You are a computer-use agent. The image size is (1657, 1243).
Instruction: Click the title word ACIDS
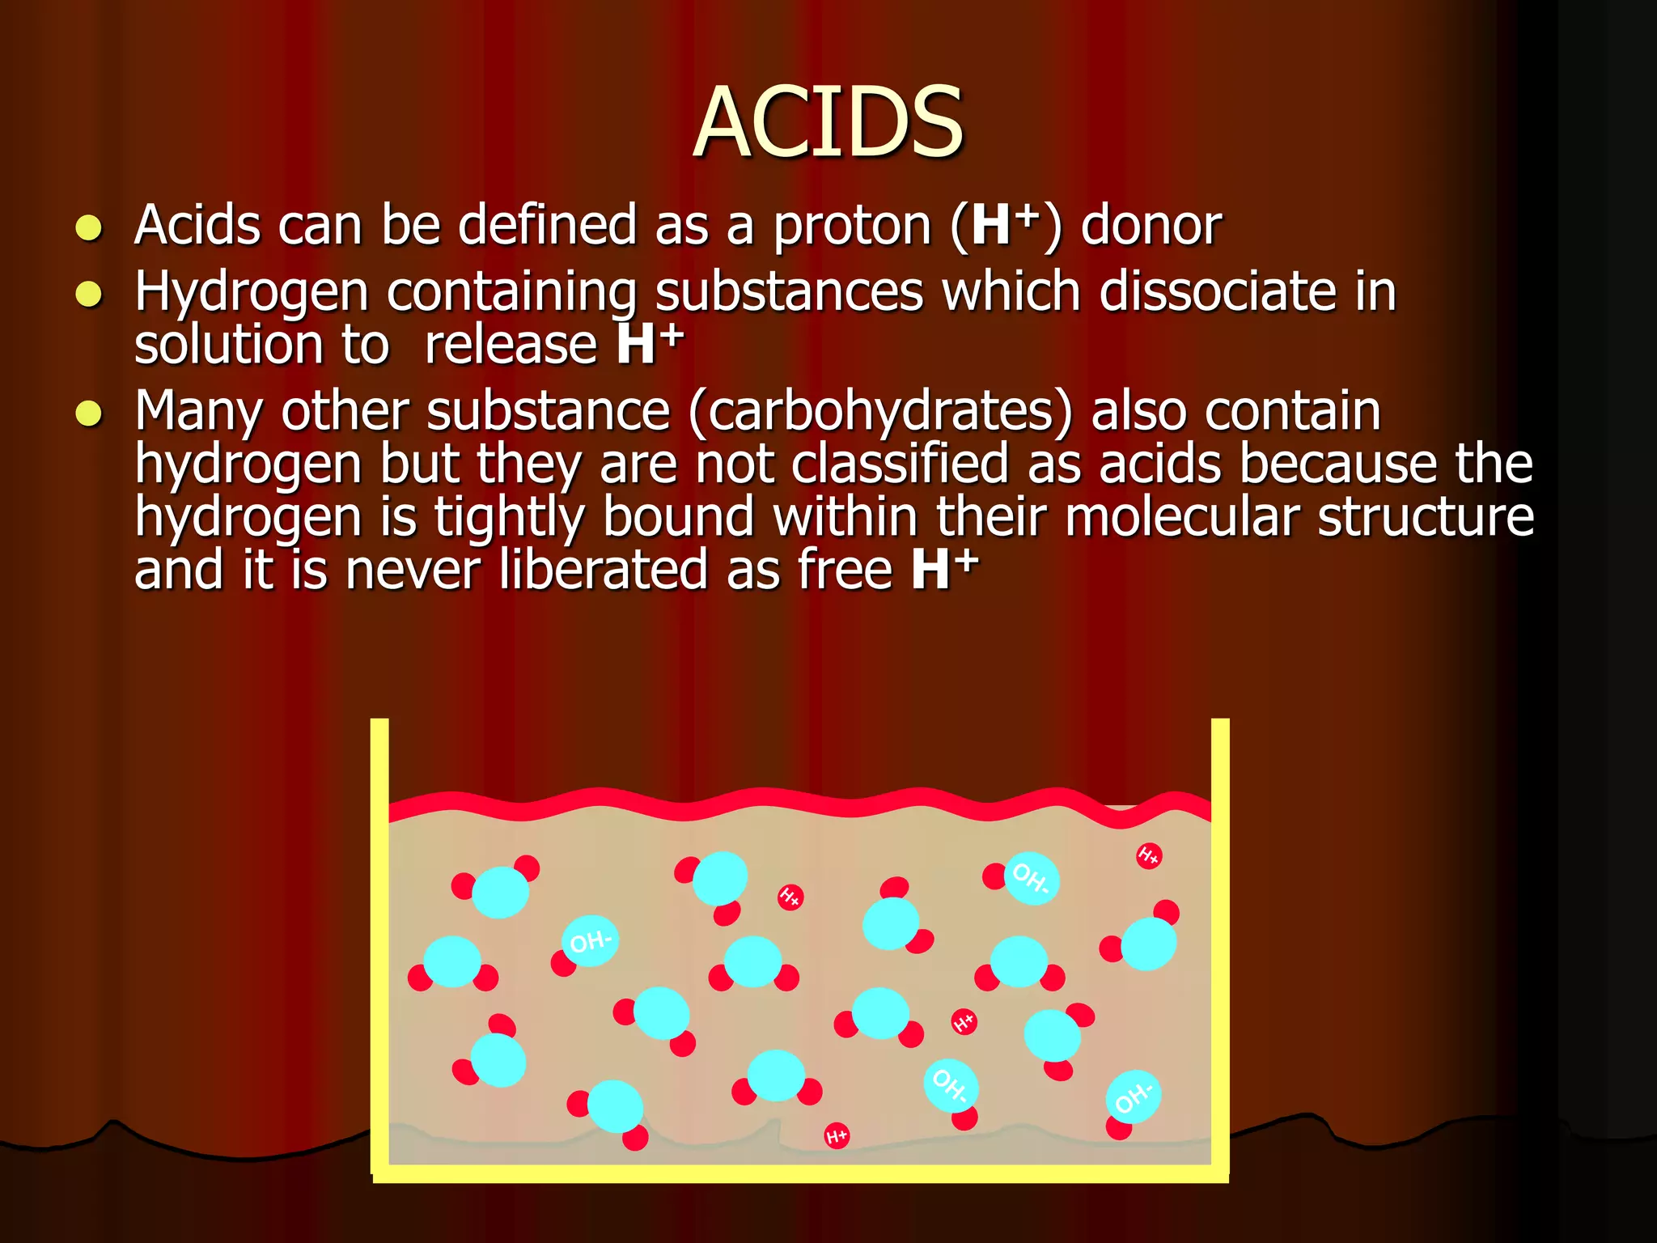[828, 123]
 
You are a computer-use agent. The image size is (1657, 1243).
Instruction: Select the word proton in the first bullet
[852, 226]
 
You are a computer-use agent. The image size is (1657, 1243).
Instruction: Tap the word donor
[1151, 226]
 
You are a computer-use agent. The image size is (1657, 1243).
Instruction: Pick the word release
[511, 346]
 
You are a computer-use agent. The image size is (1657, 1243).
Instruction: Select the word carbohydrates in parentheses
[881, 412]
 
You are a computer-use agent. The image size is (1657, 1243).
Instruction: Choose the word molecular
[1182, 518]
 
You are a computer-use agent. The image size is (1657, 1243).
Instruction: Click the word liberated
[603, 571]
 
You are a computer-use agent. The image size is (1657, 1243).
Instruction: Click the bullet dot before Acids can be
[88, 228]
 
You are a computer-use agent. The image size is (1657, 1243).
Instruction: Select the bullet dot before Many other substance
[88, 414]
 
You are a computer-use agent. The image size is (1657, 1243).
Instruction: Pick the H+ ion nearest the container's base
[837, 1136]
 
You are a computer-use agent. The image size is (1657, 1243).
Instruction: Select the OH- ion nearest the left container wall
[590, 941]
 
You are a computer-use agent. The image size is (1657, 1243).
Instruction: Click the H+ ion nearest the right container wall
[1149, 855]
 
